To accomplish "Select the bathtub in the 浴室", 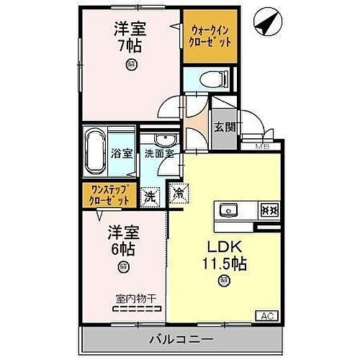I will [x=94, y=153].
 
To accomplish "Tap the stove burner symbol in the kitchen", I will [x=267, y=211].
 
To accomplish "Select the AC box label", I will [x=266, y=315].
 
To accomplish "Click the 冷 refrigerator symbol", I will [x=179, y=194].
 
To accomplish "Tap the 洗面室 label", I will [x=158, y=153].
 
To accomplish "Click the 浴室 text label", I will [x=122, y=153].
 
